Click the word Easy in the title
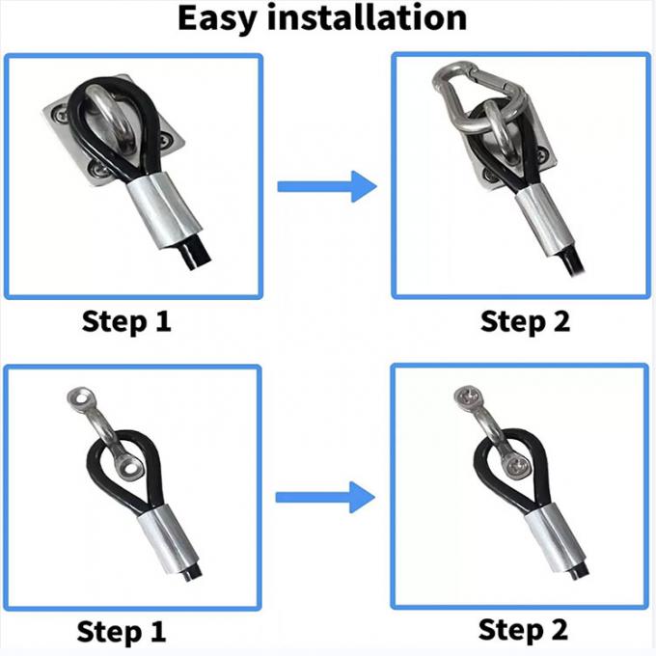pos(216,19)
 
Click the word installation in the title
pos(367,17)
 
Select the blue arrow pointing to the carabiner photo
pos(327,186)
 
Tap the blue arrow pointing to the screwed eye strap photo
pos(325,497)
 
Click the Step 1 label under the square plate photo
pos(126,322)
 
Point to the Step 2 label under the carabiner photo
pos(525,322)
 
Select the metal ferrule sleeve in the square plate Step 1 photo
pos(164,211)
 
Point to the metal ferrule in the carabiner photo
pos(543,221)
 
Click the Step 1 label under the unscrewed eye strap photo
pos(122,632)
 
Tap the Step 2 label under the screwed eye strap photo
pos(523,630)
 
